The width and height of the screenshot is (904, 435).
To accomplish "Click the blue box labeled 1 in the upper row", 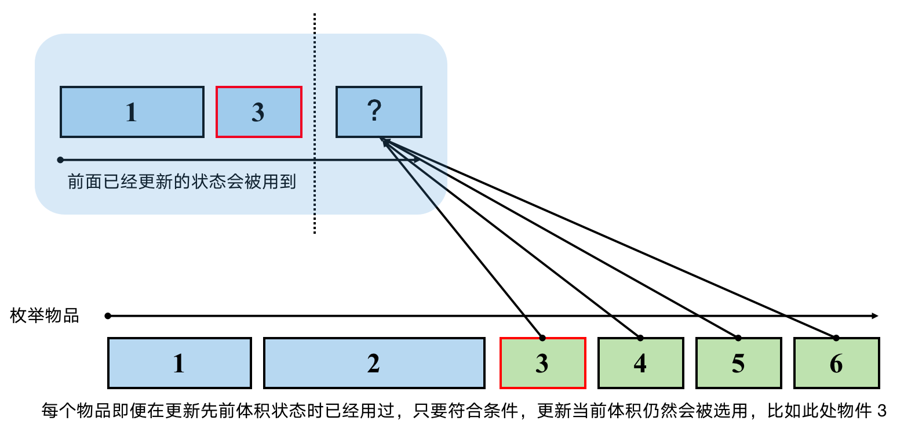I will coord(132,112).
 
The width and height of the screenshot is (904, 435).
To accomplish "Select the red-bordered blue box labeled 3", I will coord(258,112).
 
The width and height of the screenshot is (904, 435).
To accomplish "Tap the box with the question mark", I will coord(378,112).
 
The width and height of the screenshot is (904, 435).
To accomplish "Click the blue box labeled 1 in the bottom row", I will coord(180,363).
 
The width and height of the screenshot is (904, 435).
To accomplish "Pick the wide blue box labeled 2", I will coord(374,363).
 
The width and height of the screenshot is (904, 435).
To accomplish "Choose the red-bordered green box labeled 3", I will coord(542,363).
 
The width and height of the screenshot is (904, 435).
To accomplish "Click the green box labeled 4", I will coord(640,363).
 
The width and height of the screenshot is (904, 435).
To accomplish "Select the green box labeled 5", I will coord(738,363).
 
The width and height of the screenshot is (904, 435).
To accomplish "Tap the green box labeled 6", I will coord(836,363).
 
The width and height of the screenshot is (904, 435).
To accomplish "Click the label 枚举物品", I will coord(45,316).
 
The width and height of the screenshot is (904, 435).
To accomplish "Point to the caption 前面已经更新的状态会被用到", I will coord(182,182).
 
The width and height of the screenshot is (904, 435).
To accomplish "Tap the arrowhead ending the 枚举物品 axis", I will coord(876,316).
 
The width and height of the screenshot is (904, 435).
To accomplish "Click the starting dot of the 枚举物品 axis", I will coord(108,316).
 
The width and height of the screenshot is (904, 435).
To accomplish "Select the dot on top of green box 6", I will coord(836,338).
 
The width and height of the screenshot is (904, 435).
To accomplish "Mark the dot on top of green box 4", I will coord(640,338).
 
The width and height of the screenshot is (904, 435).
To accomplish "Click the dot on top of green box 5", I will coord(738,338).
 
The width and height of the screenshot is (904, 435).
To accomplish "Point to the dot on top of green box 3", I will coord(542,338).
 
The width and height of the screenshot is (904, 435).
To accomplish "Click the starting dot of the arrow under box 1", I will coord(60,159).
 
